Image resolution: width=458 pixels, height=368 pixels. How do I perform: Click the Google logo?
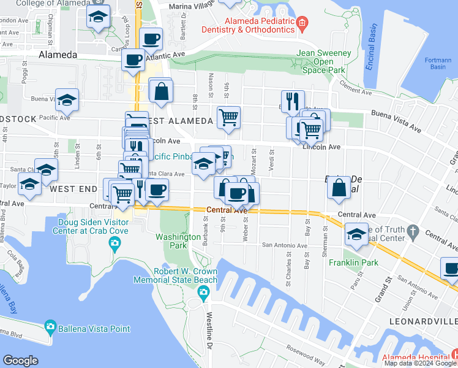click(20, 361)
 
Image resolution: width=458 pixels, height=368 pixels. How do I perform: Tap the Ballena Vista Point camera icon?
click(50, 328)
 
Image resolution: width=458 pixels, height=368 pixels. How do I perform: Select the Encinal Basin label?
click(371, 48)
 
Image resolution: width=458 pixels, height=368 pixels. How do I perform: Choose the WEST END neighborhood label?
click(74, 190)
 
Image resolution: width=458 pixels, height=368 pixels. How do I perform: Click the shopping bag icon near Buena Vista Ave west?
click(161, 93)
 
